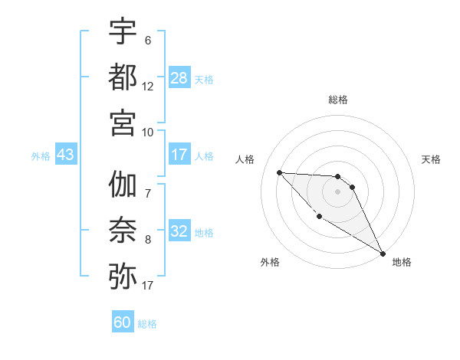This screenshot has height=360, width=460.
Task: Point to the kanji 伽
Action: tap(123, 185)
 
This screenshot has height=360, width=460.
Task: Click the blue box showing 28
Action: tap(179, 77)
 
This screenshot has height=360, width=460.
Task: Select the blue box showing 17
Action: tap(179, 155)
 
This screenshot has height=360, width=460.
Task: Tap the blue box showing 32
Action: tap(179, 231)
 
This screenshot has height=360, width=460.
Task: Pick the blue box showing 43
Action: tap(65, 155)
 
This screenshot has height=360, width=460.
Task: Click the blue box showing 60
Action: tap(123, 322)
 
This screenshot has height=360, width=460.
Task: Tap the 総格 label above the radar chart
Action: tap(337, 100)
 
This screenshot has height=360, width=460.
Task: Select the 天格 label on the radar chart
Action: tap(431, 159)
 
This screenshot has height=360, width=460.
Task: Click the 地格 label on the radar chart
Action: tap(402, 262)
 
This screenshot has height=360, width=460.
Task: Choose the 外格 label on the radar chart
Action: tap(270, 262)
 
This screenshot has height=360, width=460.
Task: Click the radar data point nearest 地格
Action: tap(384, 253)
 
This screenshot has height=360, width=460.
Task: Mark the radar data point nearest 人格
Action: tap(279, 172)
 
